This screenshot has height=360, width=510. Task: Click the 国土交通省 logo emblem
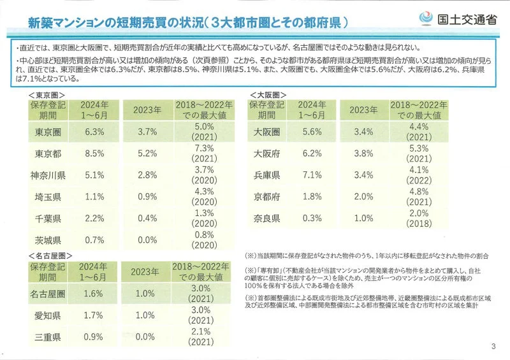point(426,18)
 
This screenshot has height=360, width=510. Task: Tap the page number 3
point(493,346)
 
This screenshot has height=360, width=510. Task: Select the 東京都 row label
point(48,154)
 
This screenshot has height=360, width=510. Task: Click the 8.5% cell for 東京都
point(94,154)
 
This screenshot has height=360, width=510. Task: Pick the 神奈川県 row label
point(48,175)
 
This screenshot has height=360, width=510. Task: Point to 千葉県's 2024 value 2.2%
point(94,219)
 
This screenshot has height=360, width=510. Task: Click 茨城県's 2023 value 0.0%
point(147,240)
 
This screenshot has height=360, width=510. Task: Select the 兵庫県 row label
point(266,175)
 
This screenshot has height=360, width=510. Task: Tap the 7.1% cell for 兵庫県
point(312,175)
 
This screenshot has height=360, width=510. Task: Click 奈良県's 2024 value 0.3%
point(312,218)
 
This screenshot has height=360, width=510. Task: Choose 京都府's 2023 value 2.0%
point(363,196)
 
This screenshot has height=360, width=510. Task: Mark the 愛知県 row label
point(47,315)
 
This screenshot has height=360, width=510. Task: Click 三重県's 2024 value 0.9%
point(93,337)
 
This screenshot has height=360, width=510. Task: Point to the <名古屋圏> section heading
point(50,256)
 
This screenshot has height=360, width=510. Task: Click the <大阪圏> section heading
point(268,95)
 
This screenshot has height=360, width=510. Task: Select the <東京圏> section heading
point(47,95)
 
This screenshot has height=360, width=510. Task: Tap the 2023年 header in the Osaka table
point(363,110)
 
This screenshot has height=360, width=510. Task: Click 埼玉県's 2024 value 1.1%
point(94,197)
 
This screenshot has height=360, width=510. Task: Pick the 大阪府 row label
point(266,154)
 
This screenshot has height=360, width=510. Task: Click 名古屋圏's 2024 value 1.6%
point(93,294)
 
